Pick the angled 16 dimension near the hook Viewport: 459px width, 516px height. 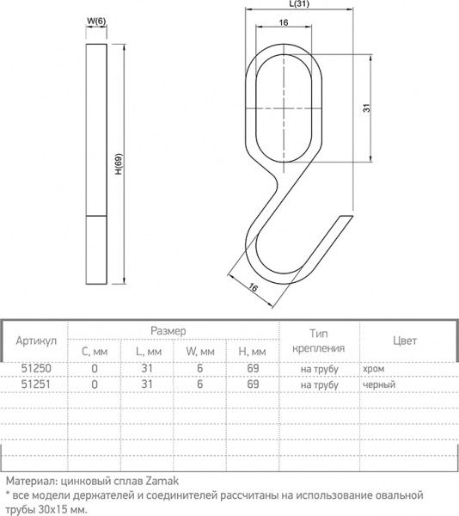(x=254, y=288)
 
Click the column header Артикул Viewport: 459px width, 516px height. (x=36, y=341)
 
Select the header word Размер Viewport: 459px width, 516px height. (x=169, y=330)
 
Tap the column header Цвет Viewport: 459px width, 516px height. (x=404, y=341)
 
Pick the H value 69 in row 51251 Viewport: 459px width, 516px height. (x=253, y=384)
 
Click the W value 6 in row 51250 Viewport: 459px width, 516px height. (x=199, y=369)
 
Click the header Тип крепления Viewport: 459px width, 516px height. (x=318, y=341)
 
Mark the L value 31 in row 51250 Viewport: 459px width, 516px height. (x=147, y=369)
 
